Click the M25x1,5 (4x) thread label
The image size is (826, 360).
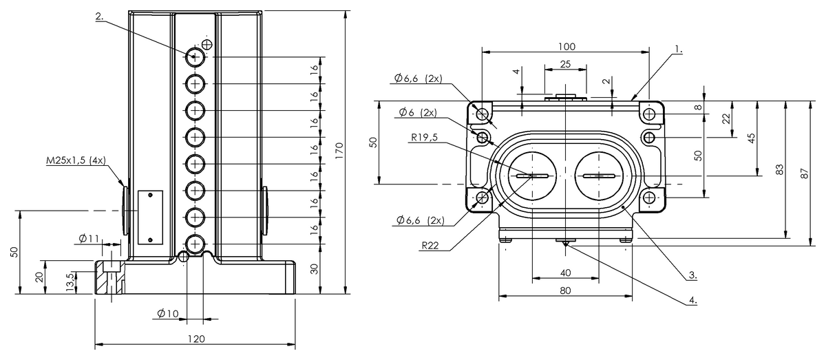tap(76, 160)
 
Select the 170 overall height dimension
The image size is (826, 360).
tap(339, 151)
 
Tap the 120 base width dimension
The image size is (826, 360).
tap(196, 339)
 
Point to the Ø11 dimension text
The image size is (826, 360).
tap(89, 239)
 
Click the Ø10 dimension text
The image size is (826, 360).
tap(168, 313)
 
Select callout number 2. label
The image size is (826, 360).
tap(100, 17)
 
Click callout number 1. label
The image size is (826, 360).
tap(679, 49)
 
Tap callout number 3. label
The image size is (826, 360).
tap(692, 275)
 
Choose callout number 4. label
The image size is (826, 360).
tap(693, 300)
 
